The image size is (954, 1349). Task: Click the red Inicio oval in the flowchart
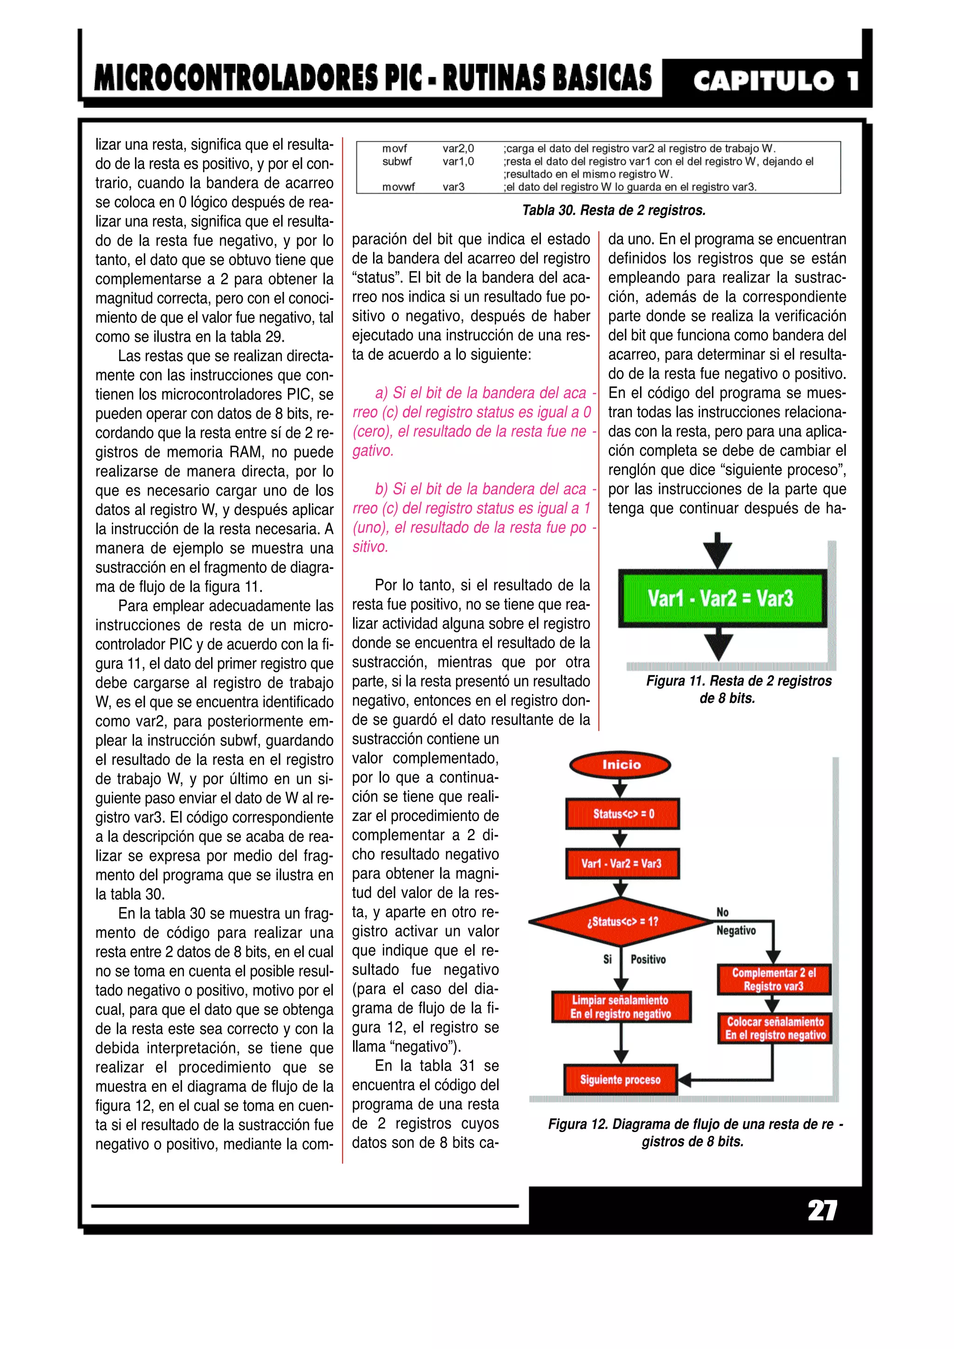click(620, 764)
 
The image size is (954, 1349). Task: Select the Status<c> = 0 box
click(622, 814)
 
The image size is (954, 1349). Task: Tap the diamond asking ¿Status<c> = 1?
click(622, 921)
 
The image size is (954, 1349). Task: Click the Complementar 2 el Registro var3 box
click(774, 979)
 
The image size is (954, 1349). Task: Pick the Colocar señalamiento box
click(775, 1028)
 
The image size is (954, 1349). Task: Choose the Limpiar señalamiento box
click(621, 1006)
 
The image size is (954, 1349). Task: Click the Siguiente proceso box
click(620, 1079)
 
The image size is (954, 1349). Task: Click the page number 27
click(822, 1210)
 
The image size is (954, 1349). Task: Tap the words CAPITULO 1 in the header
click(775, 81)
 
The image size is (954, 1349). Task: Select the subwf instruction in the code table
click(397, 161)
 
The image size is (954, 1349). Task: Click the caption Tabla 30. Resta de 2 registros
click(613, 210)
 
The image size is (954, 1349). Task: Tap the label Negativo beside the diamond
click(736, 930)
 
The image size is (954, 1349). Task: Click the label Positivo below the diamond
click(648, 959)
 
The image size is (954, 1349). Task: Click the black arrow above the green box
click(717, 551)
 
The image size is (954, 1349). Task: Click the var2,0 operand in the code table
click(458, 148)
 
